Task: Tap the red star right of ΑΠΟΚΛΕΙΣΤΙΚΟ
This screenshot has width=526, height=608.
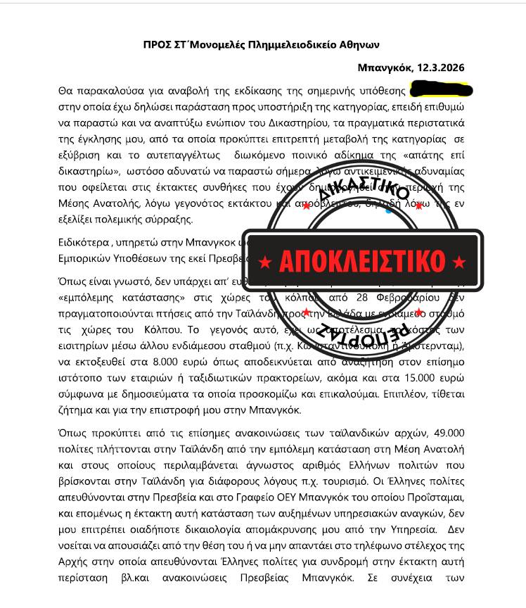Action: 459,262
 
